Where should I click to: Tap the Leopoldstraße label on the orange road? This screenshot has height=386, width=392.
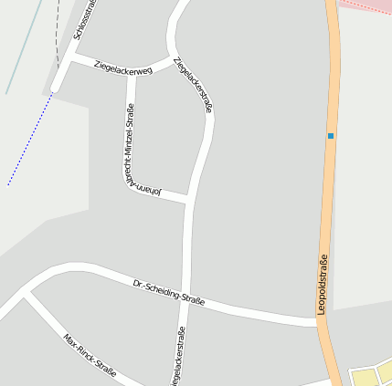[323, 286]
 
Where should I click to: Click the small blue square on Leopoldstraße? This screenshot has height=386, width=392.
[331, 136]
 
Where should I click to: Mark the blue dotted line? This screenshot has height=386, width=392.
[29, 139]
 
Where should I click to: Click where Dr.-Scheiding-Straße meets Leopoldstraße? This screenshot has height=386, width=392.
[318, 321]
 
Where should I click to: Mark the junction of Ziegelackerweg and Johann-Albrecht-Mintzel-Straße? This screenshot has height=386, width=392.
[132, 72]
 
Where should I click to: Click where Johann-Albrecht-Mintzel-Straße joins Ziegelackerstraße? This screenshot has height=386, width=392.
[188, 198]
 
